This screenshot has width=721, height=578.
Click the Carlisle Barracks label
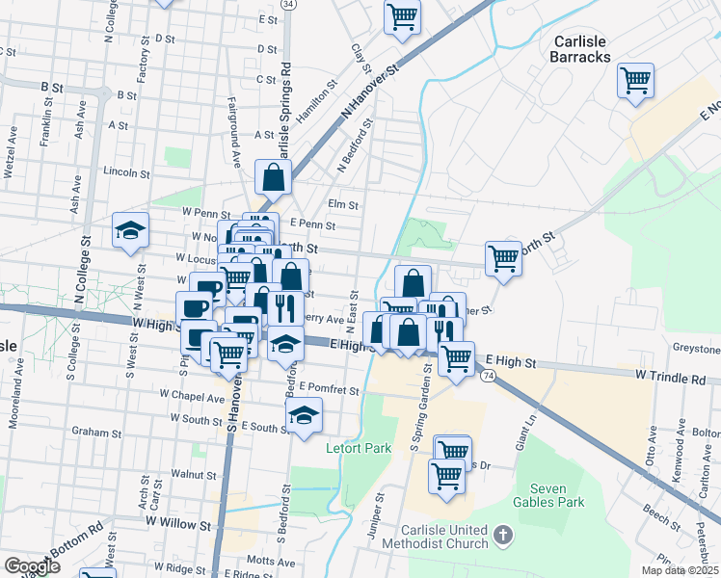pos(581,49)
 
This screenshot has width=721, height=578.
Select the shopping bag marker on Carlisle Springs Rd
pos(274,177)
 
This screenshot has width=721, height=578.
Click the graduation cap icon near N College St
pos(130,231)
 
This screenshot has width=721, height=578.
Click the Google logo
pos(32,565)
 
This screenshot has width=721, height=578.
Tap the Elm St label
pos(342,204)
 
